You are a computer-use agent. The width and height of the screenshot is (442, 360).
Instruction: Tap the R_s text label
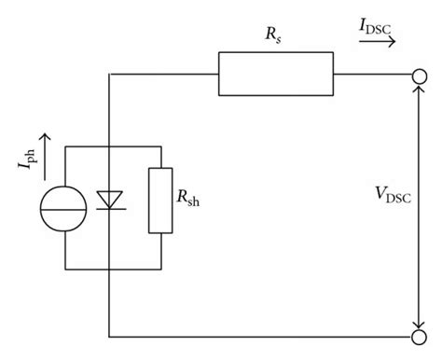click(273, 35)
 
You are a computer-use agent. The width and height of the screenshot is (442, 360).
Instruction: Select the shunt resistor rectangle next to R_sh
click(160, 200)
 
